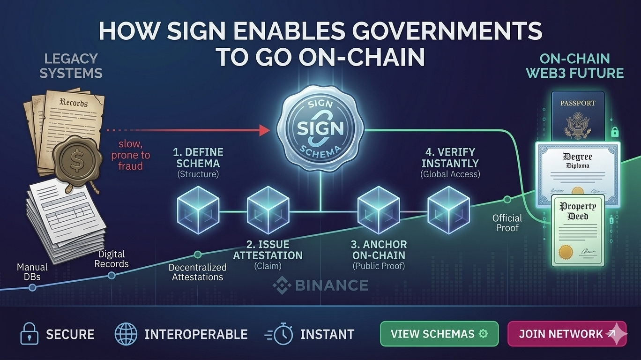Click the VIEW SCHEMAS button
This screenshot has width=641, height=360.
pos(439,334)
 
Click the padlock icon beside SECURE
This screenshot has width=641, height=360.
pos(28,334)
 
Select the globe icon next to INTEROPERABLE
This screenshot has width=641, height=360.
pos(125,334)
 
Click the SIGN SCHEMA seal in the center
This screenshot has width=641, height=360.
pos(320,127)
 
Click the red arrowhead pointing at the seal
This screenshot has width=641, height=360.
pos(265,129)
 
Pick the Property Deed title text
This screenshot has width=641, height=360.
pos(579,211)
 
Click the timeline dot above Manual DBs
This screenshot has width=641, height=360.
pos(32,287)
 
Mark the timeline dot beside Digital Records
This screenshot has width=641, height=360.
pos(112,275)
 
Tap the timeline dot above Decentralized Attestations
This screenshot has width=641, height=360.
pos(198,255)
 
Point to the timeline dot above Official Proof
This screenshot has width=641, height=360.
pos(507,200)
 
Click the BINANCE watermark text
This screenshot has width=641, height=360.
pos(321,285)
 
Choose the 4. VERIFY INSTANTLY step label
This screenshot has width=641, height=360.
pos(450,158)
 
